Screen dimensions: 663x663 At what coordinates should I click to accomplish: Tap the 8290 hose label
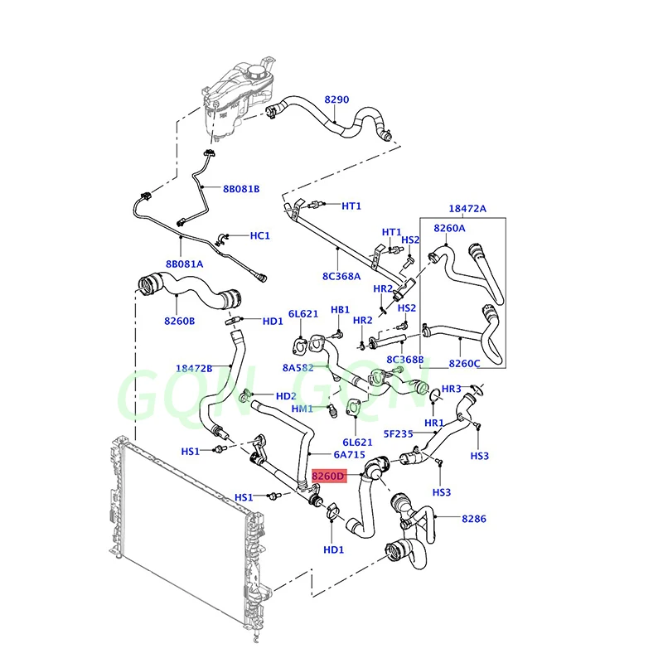336,99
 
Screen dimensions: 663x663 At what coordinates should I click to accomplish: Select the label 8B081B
241,189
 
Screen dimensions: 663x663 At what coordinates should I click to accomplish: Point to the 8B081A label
184,264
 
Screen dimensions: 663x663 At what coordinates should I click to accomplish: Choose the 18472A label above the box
468,209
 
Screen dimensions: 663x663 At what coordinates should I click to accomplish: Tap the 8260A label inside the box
449,227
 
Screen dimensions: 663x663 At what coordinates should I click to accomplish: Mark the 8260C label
466,363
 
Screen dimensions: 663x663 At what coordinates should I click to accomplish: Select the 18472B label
194,368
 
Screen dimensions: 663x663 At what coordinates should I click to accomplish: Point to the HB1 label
341,309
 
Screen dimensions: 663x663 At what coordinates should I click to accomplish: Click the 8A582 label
298,366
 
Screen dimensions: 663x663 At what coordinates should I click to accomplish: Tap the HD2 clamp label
286,396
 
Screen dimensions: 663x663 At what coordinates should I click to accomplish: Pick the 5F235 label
399,433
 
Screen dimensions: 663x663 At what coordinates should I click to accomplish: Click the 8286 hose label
475,519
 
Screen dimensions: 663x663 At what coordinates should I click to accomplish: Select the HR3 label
452,389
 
